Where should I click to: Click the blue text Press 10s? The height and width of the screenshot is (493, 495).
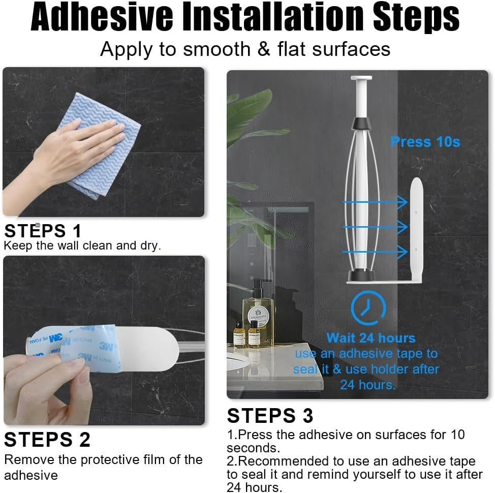tap(425, 142)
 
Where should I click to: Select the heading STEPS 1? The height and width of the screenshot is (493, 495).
tap(43, 231)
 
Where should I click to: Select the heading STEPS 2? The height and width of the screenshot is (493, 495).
tap(47, 439)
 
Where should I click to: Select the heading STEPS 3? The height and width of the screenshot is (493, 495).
tap(270, 415)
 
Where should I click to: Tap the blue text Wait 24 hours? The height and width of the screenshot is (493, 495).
tap(370, 338)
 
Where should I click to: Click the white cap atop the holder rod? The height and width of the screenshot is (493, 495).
tap(361, 78)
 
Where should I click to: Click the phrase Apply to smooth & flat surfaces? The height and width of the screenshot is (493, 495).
tap(245, 49)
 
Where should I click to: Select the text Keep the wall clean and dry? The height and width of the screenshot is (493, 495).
tap(82, 246)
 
